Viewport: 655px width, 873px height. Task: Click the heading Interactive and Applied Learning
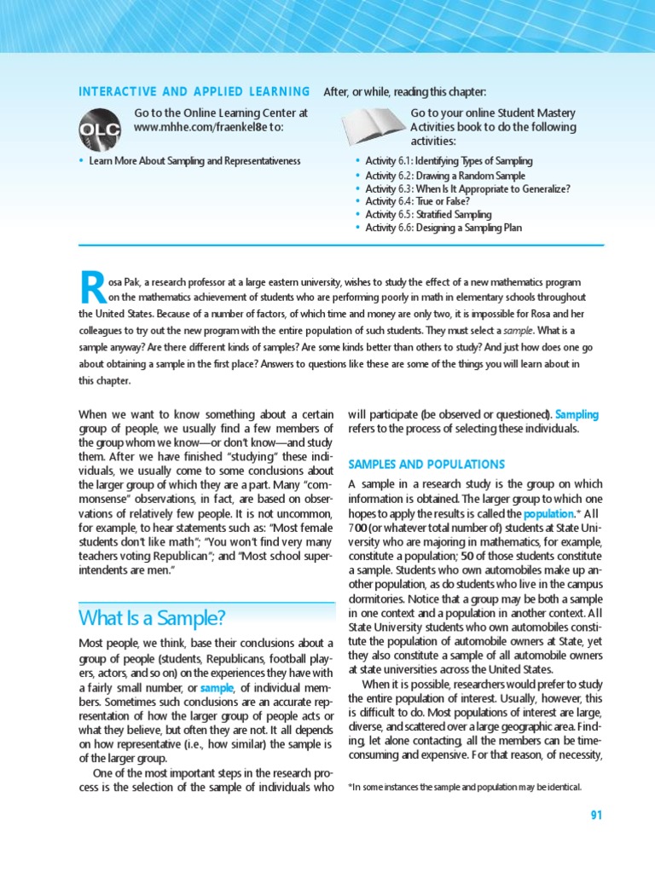click(x=194, y=91)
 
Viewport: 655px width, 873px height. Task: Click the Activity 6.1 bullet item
click(x=449, y=161)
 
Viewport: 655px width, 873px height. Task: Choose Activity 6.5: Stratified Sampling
click(x=440, y=214)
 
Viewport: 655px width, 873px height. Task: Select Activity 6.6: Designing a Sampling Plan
click(x=443, y=228)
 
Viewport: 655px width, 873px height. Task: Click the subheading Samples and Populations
click(x=426, y=465)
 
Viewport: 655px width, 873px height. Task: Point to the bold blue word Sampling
click(x=577, y=414)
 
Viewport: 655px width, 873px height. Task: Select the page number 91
click(x=595, y=815)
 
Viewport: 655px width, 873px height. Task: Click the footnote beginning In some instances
click(x=465, y=787)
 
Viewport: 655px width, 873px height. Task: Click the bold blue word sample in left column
click(x=217, y=687)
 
